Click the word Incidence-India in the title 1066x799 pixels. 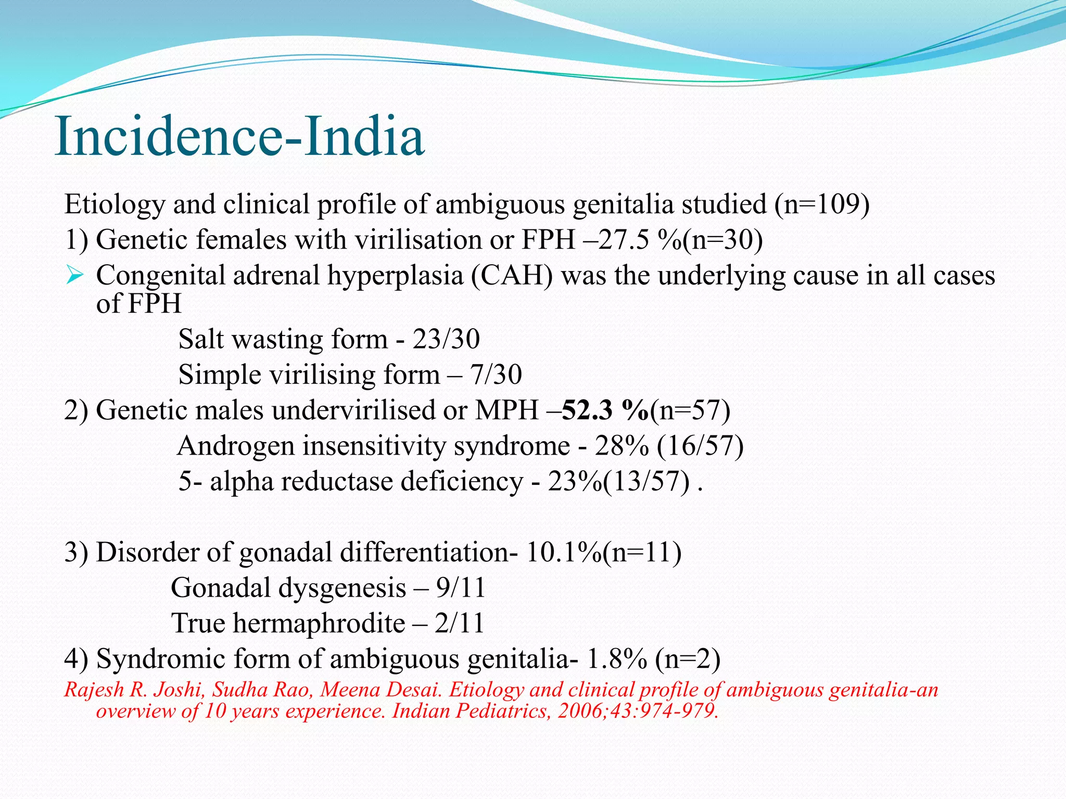pyautogui.click(x=239, y=136)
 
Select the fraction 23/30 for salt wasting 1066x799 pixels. pyautogui.click(x=446, y=339)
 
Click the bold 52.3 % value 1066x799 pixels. pyautogui.click(x=606, y=410)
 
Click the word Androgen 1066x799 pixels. pyautogui.click(x=236, y=446)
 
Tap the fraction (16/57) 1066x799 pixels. pyautogui.click(x=700, y=446)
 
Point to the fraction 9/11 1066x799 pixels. pyautogui.click(x=461, y=588)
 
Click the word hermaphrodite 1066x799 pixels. pyautogui.click(x=319, y=623)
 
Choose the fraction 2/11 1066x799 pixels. pyautogui.click(x=460, y=623)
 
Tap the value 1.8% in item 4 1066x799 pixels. pyautogui.click(x=617, y=659)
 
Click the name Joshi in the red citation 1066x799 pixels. pyautogui.click(x=175, y=690)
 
